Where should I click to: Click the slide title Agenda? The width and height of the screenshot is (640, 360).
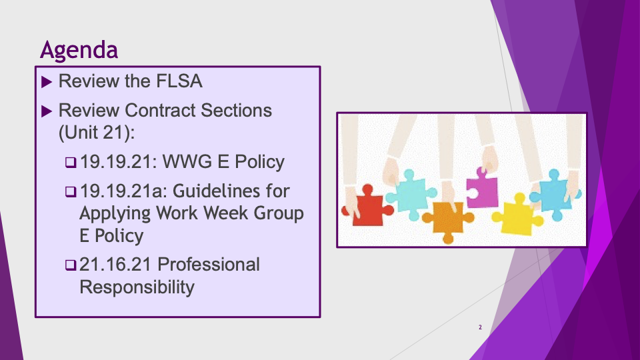tap(79, 51)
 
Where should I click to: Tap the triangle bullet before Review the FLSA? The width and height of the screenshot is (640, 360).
tap(47, 81)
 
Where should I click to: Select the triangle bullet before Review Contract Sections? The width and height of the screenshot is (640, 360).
tap(47, 111)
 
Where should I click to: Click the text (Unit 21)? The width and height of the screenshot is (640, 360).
tap(97, 133)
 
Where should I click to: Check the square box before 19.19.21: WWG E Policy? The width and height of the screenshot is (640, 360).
tap(71, 163)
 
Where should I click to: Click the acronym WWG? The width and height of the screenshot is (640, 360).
tap(187, 161)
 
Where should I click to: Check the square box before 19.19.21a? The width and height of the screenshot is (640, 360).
tap(71, 192)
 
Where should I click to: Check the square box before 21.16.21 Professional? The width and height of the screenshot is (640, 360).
tap(71, 265)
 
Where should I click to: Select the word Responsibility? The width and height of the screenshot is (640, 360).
tap(137, 287)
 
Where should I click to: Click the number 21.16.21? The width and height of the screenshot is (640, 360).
tap(115, 265)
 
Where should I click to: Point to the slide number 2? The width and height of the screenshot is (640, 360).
tap(481, 327)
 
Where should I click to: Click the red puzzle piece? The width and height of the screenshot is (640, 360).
tap(367, 207)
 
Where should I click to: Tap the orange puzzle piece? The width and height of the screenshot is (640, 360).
tap(448, 221)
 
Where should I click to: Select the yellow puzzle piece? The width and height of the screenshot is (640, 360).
tap(517, 215)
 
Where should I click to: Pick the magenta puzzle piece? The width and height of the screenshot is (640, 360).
tap(482, 188)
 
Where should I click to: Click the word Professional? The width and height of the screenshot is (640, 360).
tap(209, 265)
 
